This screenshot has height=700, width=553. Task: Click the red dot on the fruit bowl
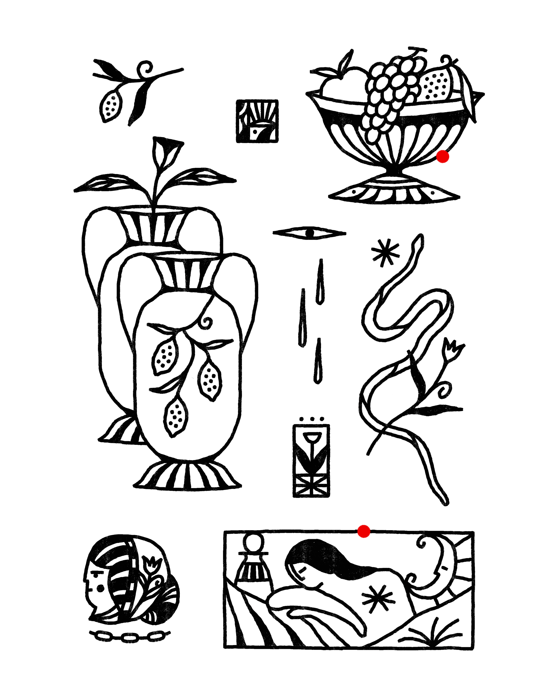coord(443,156)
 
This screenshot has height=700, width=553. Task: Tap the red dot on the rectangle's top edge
coord(364,531)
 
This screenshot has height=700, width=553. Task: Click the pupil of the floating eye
coord(310,233)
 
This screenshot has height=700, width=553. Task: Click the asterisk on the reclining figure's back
coord(378,599)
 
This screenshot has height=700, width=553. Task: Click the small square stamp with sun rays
coord(257,121)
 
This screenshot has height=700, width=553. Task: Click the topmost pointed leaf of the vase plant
coord(166,151)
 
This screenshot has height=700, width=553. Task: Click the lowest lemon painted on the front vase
coord(176,416)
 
